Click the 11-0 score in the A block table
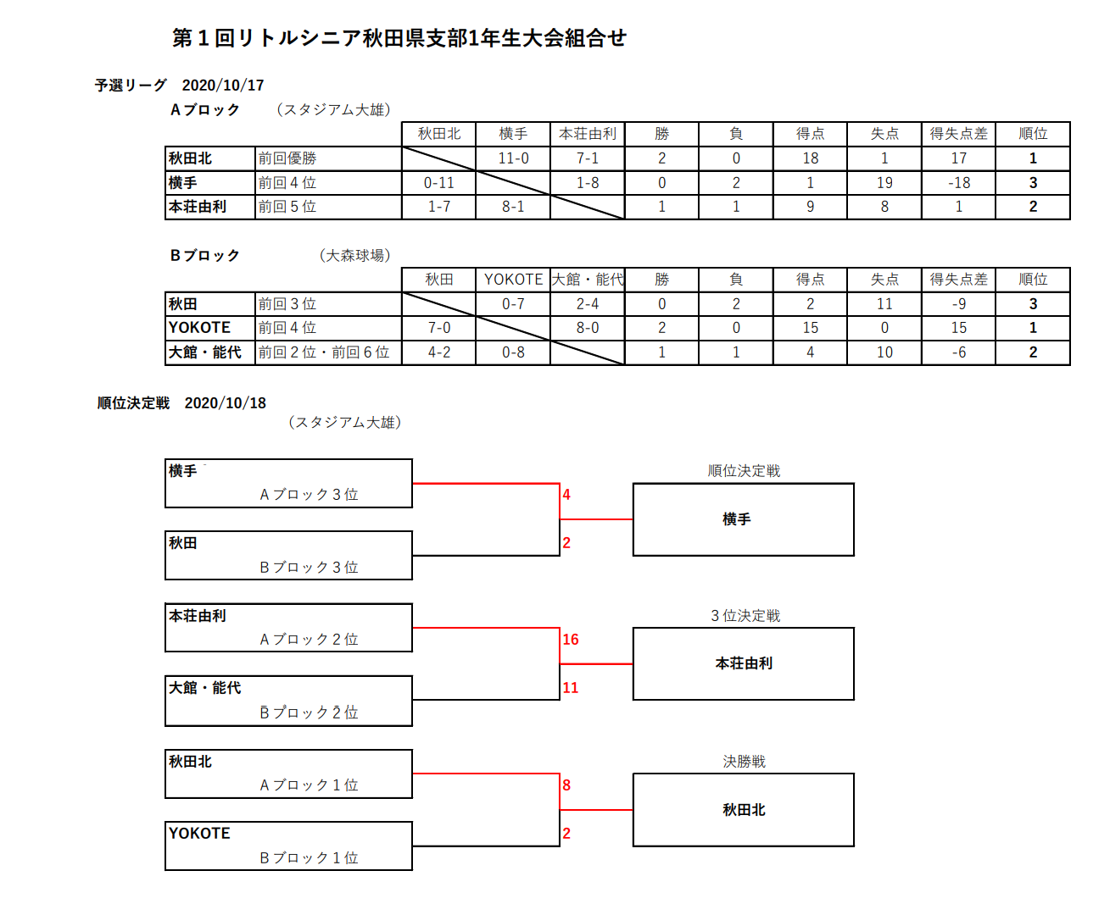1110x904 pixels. pos(513,158)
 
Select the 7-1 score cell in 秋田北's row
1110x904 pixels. pos(588,158)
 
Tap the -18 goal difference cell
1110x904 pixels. pos(958,183)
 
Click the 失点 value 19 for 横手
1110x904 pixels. pos(884,183)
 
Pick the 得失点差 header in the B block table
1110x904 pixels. pos(958,280)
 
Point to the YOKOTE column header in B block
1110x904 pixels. pos(513,280)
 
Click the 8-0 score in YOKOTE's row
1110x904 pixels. pos(588,328)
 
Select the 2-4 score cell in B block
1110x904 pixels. pos(588,303)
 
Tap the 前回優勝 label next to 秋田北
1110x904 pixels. pos(287,158)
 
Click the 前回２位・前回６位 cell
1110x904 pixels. pos(324,352)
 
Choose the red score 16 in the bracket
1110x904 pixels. pos(571,639)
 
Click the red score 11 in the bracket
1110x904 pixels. pos(571,687)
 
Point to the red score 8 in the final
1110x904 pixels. pos(566,785)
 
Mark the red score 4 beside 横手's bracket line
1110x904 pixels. pos(566,494)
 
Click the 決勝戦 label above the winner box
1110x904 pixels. pos(744,762)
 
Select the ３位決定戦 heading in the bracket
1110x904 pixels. pos(745,616)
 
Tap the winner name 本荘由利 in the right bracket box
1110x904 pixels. pos(744,663)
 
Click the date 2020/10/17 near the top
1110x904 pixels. pos(222,86)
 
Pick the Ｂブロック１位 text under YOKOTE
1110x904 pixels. pos(309,857)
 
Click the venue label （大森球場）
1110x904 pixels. pos(355,255)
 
